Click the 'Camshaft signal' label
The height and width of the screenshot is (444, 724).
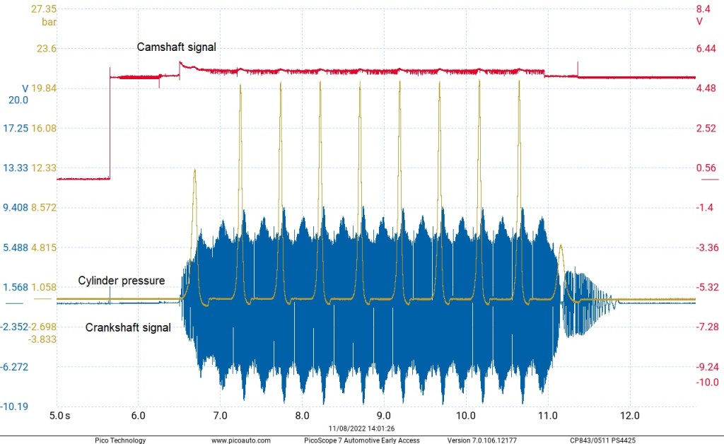point(176,47)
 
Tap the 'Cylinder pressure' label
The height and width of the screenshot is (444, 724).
point(121,281)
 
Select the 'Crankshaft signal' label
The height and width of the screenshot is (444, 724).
point(128,327)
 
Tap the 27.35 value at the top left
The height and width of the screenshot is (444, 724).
point(44,9)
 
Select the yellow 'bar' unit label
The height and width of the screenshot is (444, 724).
point(49,22)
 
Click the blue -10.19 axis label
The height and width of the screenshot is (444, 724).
point(14,407)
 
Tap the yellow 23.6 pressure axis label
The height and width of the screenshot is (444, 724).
point(46,49)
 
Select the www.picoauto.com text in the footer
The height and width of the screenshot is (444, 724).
point(240,440)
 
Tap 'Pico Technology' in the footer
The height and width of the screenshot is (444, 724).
point(120,440)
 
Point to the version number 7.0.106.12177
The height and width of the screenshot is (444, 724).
point(488,440)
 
